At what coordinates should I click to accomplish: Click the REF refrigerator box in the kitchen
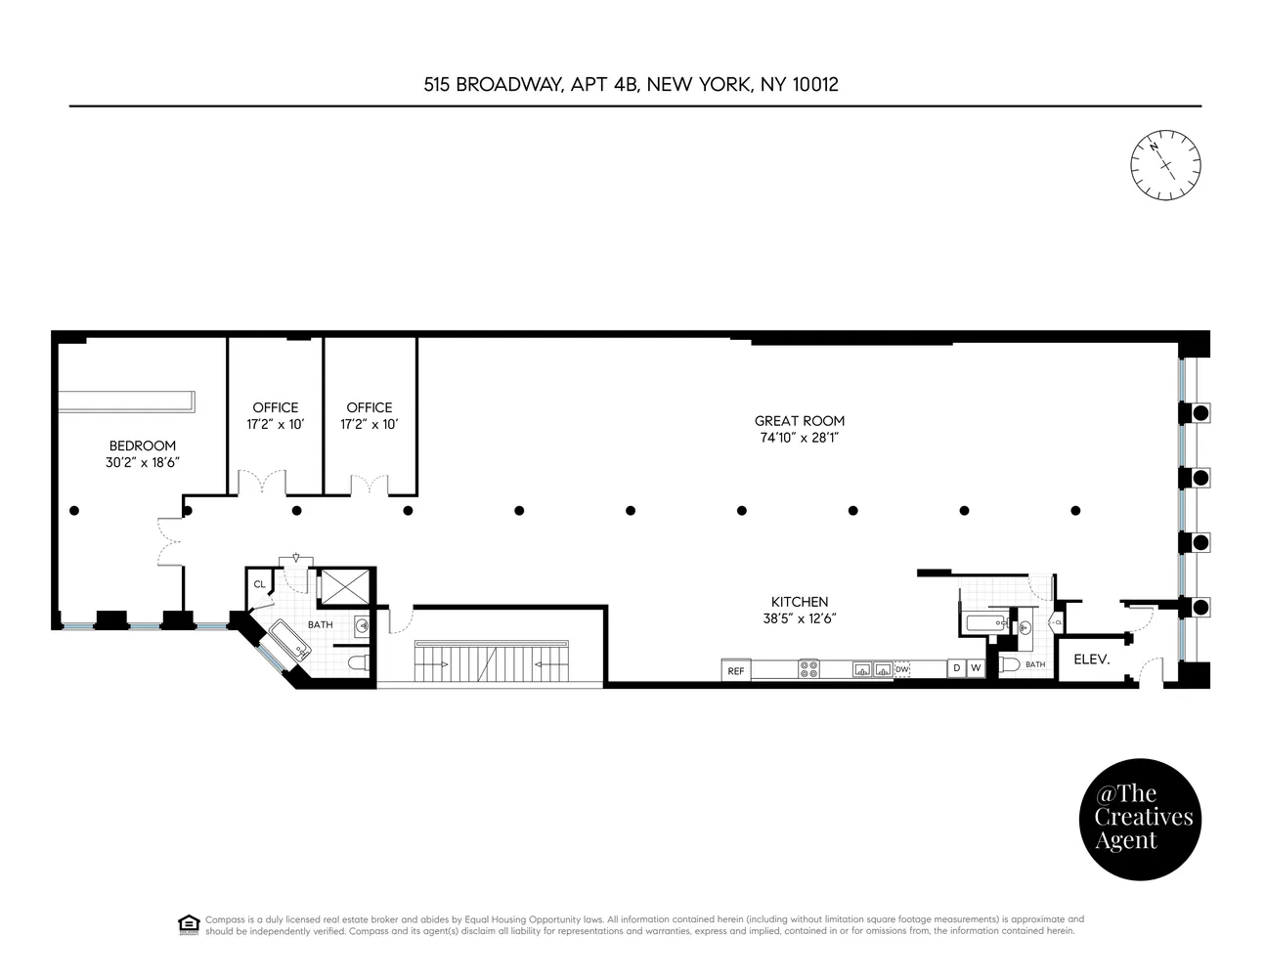(736, 670)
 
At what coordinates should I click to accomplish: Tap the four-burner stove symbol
(809, 670)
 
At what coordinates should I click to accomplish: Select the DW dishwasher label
(902, 669)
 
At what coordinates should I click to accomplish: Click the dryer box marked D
(956, 668)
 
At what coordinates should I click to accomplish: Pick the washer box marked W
(975, 668)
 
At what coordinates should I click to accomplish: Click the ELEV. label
(1091, 659)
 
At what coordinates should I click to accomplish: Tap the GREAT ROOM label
(799, 421)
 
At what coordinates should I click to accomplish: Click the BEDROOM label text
(143, 446)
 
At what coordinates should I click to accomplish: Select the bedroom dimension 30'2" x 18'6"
(143, 463)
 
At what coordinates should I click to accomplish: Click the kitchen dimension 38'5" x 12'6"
(799, 618)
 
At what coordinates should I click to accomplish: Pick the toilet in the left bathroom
(357, 664)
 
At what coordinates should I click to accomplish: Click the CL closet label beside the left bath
(259, 584)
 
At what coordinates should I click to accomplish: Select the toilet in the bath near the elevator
(1010, 664)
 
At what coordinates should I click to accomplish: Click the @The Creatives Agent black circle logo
(1139, 819)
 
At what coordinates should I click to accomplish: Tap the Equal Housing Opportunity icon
(189, 924)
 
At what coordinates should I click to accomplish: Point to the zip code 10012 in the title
(814, 84)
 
